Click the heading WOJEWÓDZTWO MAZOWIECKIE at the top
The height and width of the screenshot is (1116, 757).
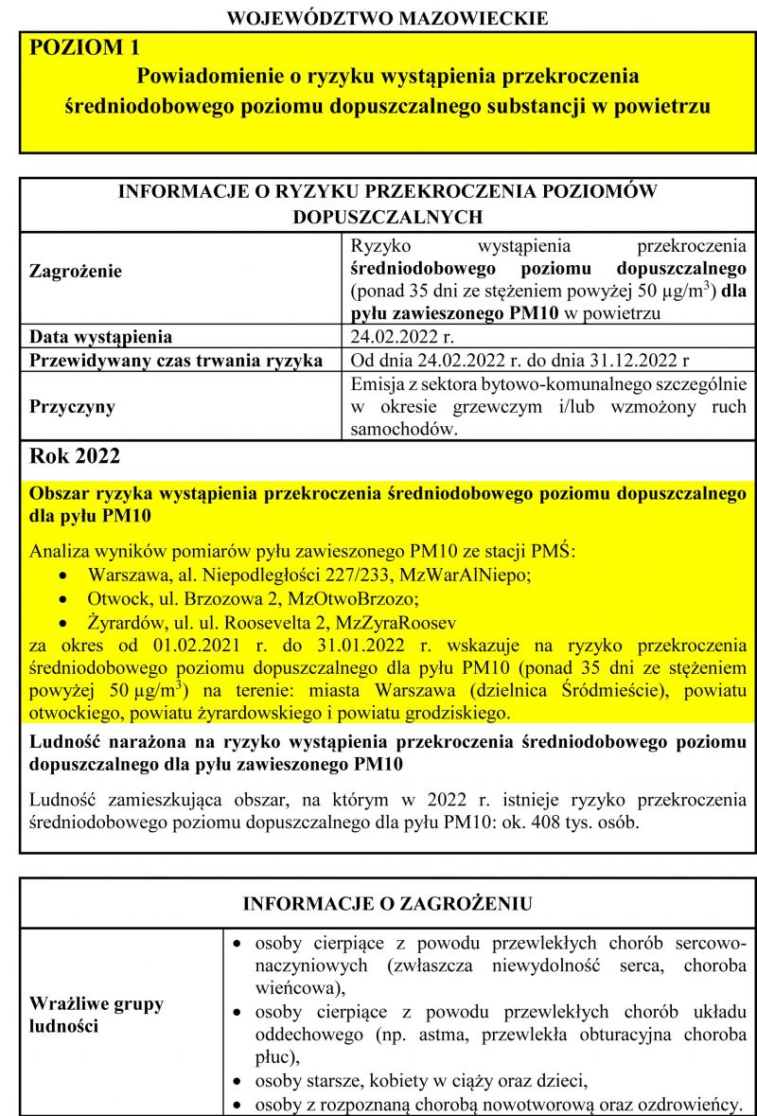(x=388, y=17)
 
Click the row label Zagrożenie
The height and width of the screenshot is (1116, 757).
(x=76, y=271)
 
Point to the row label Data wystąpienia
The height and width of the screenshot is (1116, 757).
(x=101, y=337)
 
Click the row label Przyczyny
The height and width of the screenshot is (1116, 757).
(x=72, y=407)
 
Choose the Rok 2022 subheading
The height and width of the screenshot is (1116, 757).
(x=76, y=456)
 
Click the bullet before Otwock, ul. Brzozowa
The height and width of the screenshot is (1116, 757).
(x=62, y=600)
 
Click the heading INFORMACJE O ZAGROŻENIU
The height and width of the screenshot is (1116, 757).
(x=387, y=903)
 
